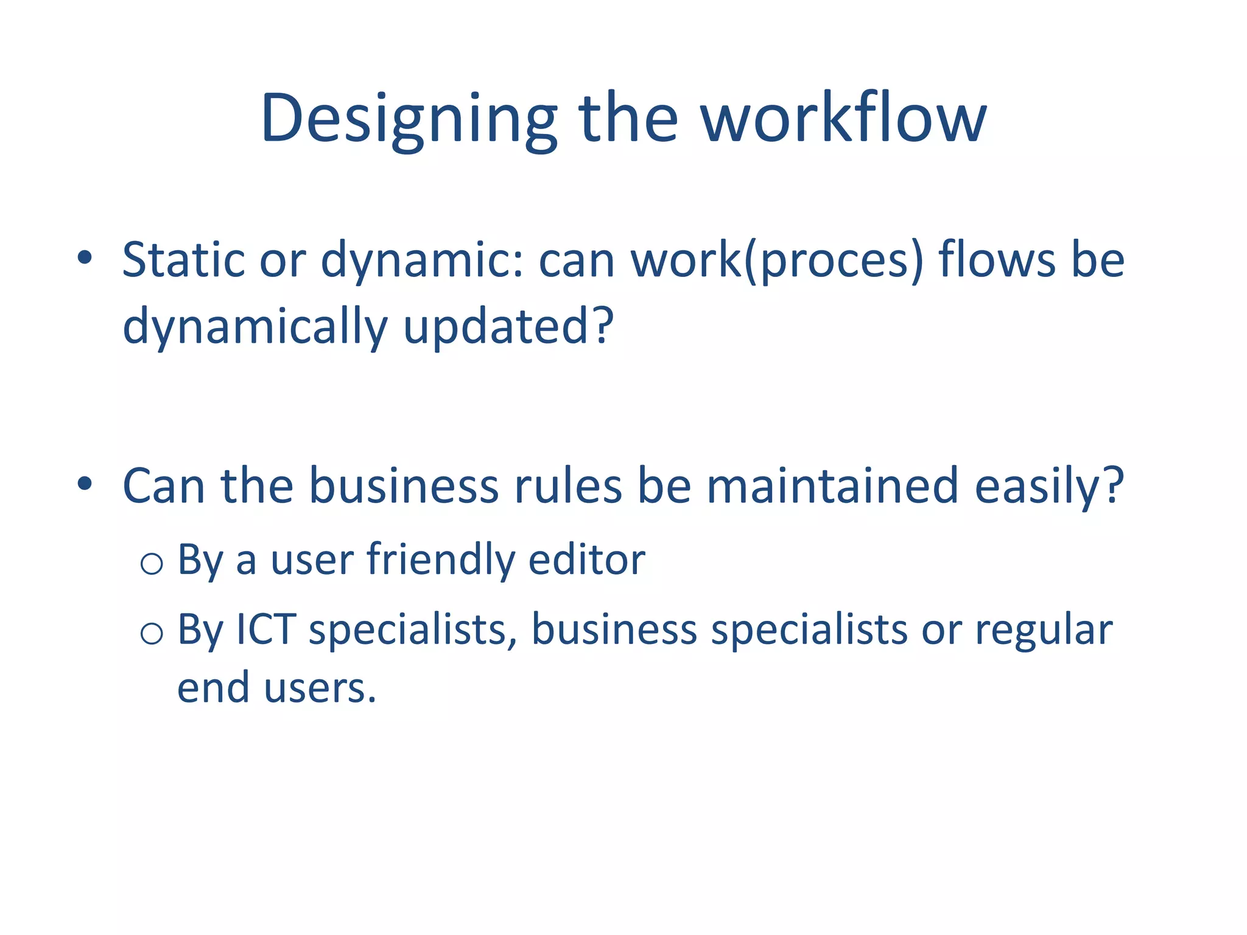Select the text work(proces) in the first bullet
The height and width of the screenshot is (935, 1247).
pos(777,260)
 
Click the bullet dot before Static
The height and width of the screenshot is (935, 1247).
pos(85,258)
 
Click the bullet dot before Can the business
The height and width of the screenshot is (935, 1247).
pos(85,484)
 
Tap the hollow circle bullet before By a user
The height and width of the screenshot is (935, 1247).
pos(152,562)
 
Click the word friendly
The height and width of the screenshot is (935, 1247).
pos(440,560)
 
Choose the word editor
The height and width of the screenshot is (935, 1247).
pos(586,560)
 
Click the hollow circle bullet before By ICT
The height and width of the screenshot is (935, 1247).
pos(152,633)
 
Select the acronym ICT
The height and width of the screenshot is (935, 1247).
pos(265,629)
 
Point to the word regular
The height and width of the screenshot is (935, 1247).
pos(1044,631)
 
